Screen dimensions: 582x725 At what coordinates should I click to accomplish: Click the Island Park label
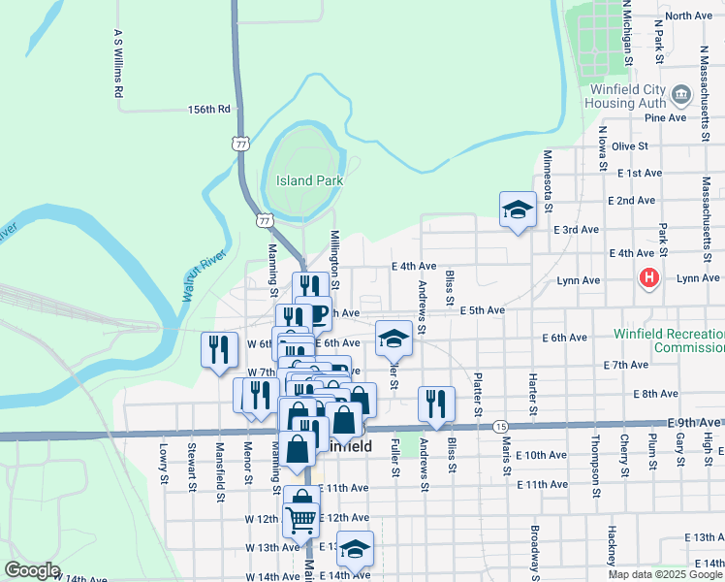click(309, 180)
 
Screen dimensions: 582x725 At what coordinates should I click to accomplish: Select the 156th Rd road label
click(208, 111)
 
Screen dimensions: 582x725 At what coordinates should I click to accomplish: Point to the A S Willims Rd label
click(117, 64)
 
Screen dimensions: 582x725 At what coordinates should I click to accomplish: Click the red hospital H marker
click(648, 279)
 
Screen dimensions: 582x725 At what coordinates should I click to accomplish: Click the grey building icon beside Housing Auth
click(680, 94)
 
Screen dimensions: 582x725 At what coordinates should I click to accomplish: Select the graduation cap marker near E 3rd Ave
click(518, 210)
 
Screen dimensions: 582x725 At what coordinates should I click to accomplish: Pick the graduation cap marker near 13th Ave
click(355, 548)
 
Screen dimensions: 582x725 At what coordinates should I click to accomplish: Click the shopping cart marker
click(301, 516)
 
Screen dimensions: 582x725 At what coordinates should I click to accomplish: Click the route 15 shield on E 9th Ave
click(500, 426)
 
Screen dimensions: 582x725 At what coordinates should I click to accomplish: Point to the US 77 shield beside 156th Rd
click(240, 143)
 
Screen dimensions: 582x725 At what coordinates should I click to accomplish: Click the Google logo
click(32, 570)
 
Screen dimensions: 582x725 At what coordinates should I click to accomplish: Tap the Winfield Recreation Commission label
click(669, 339)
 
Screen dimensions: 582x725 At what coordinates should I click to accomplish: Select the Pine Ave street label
click(665, 118)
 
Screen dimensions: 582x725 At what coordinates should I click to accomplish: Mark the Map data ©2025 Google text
click(665, 574)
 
